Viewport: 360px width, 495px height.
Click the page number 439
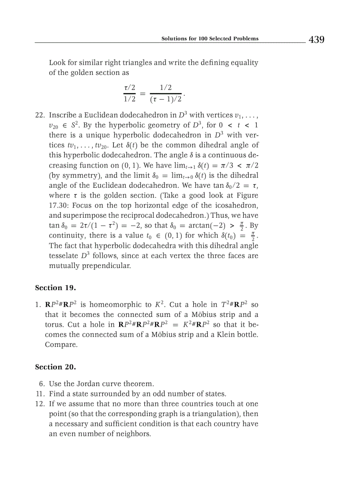tap(316, 40)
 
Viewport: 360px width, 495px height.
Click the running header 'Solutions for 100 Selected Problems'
tap(210, 38)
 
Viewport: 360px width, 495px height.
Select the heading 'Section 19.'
tap(56, 288)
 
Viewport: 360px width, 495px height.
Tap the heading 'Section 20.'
tap(56, 367)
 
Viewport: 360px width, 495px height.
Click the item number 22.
tap(40, 115)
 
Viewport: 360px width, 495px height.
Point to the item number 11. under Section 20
tap(40, 394)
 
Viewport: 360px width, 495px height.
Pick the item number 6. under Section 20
tap(42, 383)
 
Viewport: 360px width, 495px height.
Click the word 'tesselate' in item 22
tap(64, 256)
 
